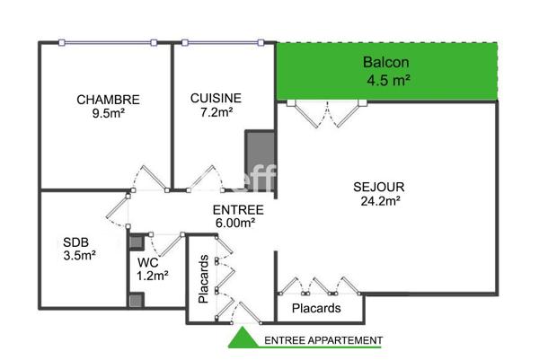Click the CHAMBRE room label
[107, 100]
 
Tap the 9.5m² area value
[107, 114]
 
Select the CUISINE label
[216, 98]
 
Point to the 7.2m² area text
[216, 112]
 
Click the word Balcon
[386, 63]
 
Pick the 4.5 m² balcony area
[388, 79]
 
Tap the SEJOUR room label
[379, 187]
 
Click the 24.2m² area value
[379, 201]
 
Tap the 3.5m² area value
[79, 255]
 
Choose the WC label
[148, 262]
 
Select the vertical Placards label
[204, 279]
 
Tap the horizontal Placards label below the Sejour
[317, 308]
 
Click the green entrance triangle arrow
[241, 338]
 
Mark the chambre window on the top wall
[106, 42]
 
